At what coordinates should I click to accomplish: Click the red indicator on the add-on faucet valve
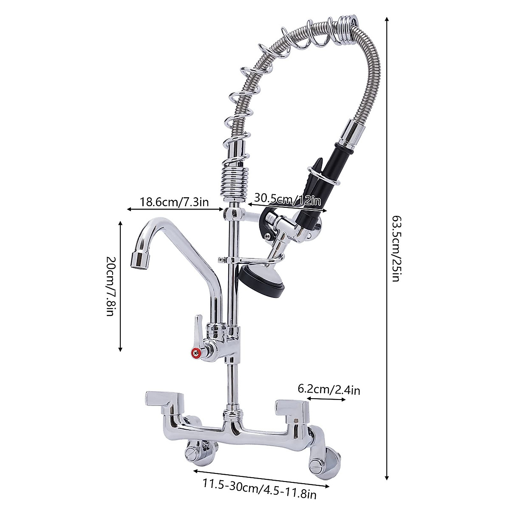pyautogui.click(x=195, y=352)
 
